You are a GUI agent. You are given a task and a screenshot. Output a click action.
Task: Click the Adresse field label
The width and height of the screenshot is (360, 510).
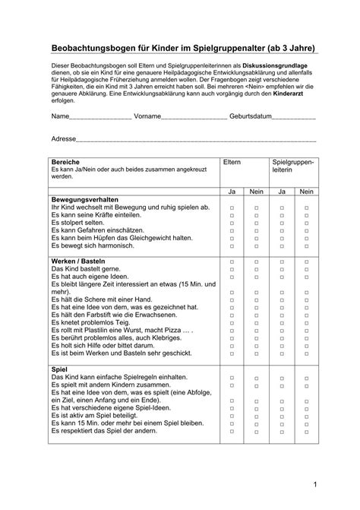pos(64,140)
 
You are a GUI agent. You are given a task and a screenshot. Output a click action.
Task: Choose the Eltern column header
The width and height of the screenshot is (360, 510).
pos(232,163)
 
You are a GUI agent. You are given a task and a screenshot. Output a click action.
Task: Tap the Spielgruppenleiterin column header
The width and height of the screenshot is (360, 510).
pos(292,167)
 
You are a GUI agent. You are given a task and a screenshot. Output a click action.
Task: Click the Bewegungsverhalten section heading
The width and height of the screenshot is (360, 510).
pos(84,199)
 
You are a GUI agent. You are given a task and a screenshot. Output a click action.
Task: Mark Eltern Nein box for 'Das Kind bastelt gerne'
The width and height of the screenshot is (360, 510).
pos(257,269)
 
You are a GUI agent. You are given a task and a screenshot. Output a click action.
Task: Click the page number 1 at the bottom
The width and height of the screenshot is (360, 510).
pos(335,484)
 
